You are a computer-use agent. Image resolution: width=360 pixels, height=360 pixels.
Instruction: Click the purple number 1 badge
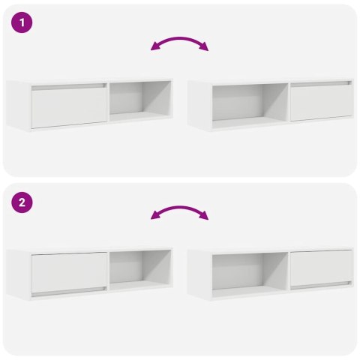tap(22, 22)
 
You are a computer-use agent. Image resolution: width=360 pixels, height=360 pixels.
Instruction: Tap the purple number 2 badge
tap(22, 202)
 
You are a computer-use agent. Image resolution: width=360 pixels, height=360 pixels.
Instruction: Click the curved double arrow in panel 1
tap(180, 40)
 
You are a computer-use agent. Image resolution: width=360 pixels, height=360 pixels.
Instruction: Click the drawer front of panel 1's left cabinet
tap(68, 106)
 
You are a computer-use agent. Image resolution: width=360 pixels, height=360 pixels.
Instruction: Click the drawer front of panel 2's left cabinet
tap(68, 271)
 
